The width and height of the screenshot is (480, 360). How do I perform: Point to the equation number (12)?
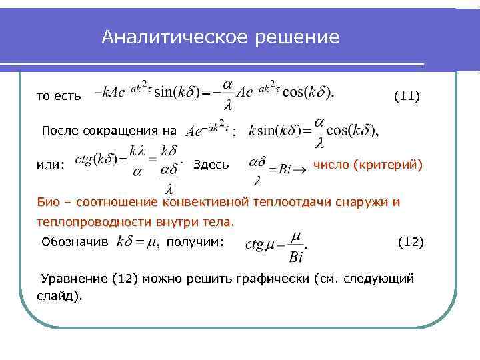point(410,241)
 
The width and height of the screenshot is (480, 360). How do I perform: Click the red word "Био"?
point(49,202)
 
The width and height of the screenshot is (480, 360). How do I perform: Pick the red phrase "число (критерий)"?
point(367,164)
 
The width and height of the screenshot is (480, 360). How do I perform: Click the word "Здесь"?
point(211,164)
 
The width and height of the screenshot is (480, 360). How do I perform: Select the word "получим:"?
point(195,241)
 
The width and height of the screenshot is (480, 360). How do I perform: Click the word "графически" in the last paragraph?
point(275,278)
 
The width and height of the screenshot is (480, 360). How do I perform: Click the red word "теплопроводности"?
point(93,221)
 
